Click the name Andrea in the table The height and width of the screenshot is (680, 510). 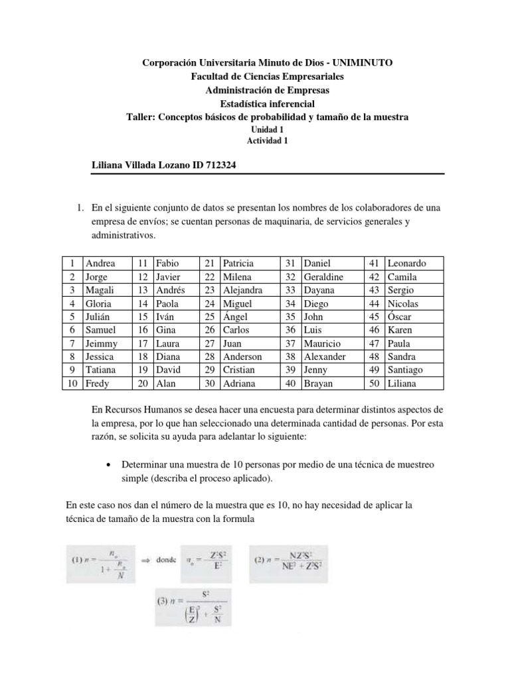100,263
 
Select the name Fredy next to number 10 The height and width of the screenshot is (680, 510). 98,383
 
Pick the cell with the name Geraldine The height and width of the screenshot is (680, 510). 323,276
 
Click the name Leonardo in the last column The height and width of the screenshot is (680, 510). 406,263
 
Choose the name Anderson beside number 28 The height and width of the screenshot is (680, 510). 243,357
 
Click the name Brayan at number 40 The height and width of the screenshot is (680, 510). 317,383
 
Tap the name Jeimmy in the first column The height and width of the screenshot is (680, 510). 102,343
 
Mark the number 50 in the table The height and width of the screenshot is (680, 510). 374,383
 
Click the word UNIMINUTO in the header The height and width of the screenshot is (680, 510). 361,62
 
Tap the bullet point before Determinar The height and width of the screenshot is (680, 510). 108,465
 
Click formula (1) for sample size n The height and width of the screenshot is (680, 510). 100,560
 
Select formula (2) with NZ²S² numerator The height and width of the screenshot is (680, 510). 294,560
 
